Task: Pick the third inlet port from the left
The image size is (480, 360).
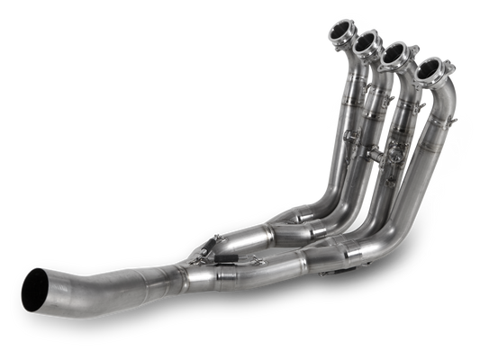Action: (x=397, y=57)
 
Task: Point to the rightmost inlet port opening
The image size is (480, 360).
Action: (x=431, y=69)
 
